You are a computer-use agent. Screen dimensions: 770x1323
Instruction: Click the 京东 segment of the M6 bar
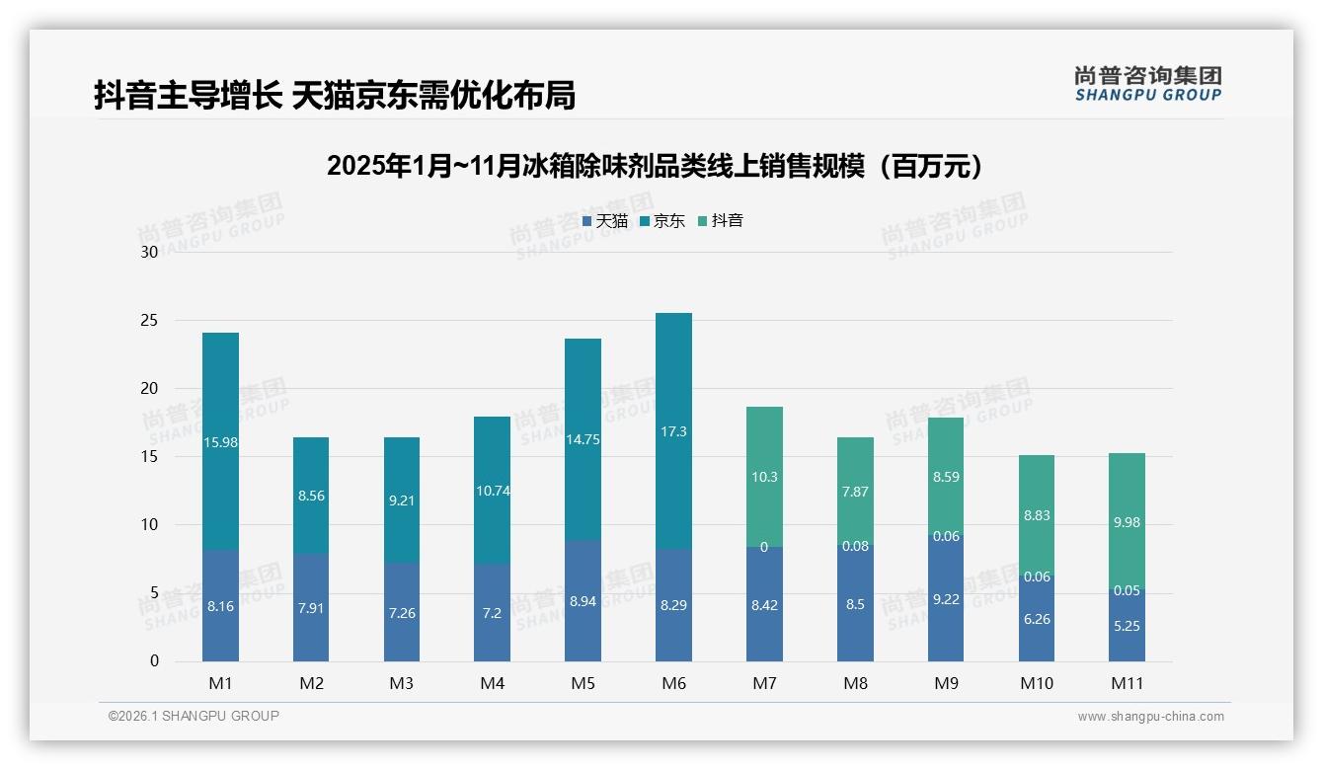coord(673,430)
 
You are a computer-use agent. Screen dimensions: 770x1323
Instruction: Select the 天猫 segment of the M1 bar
coord(220,605)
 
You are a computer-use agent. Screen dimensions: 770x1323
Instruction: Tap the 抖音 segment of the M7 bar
coord(764,477)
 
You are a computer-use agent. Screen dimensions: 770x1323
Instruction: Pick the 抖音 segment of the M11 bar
coord(1127,521)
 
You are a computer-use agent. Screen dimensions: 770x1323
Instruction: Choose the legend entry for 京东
coord(661,221)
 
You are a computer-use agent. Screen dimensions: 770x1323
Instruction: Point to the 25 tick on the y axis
coord(149,321)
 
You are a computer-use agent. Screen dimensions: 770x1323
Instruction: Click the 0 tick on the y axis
coord(154,661)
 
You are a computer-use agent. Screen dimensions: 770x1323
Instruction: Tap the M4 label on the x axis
coord(492,683)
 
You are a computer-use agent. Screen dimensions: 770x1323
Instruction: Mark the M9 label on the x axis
coord(945,683)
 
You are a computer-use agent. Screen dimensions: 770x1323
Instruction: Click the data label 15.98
coord(220,442)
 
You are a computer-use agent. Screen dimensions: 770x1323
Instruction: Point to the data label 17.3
coord(673,431)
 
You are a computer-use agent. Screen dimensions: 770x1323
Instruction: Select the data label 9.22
coord(945,599)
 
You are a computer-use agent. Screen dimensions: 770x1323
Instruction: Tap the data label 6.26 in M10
coord(1036,619)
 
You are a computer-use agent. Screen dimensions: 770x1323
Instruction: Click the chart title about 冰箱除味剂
coord(656,166)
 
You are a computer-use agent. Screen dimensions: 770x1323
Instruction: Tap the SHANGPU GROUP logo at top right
coord(1147,84)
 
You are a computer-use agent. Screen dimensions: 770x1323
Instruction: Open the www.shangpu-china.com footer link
coord(1150,717)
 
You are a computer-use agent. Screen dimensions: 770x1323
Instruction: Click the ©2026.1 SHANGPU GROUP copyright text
coord(194,716)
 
